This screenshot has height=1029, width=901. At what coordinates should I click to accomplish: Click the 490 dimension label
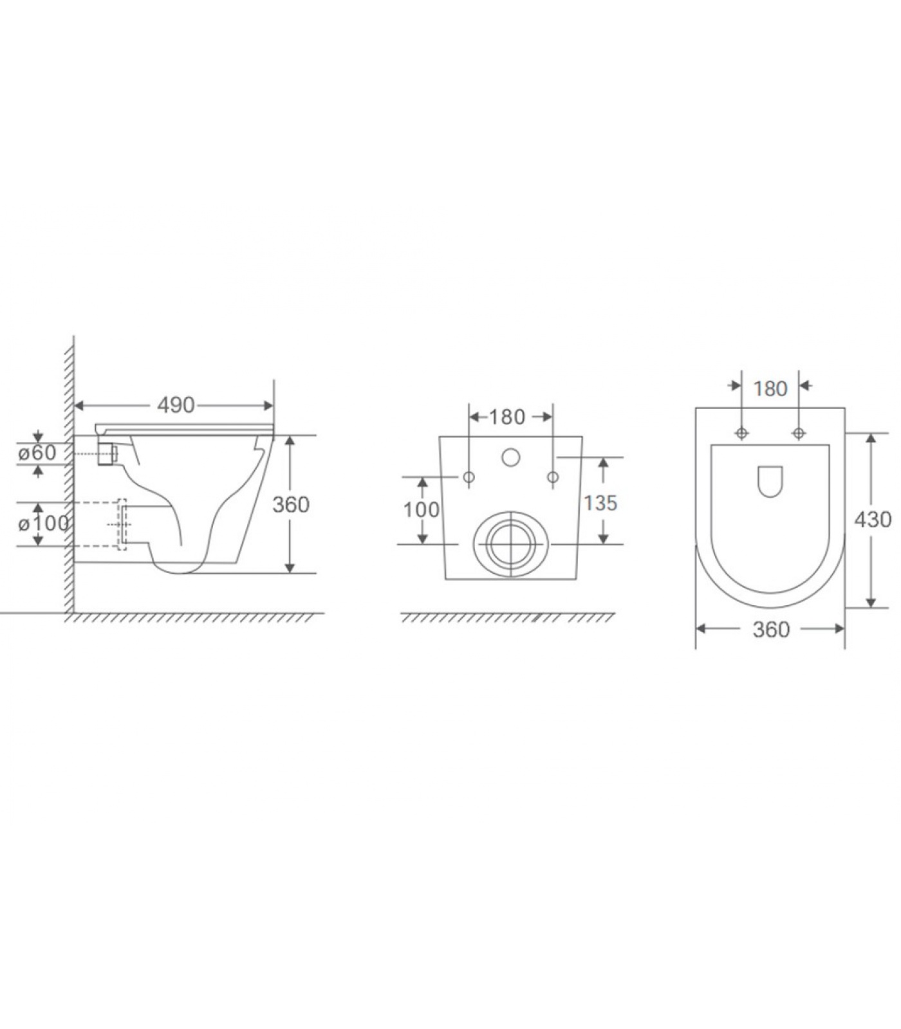click(176, 405)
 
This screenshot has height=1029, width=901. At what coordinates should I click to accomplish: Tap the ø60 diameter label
click(37, 452)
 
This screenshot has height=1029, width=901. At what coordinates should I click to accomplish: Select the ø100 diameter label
click(43, 524)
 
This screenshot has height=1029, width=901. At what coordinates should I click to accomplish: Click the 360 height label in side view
click(291, 504)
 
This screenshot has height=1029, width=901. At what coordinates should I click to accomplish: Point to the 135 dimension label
click(600, 502)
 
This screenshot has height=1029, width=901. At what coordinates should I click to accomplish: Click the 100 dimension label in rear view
click(422, 509)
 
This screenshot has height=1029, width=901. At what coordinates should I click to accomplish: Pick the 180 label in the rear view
click(507, 417)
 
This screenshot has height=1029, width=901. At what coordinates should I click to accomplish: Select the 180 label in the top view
click(770, 388)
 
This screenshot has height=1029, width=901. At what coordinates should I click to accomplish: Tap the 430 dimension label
click(873, 518)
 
